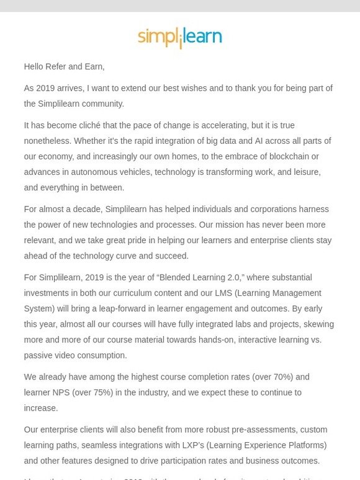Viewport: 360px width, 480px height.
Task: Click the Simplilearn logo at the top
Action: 179,37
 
